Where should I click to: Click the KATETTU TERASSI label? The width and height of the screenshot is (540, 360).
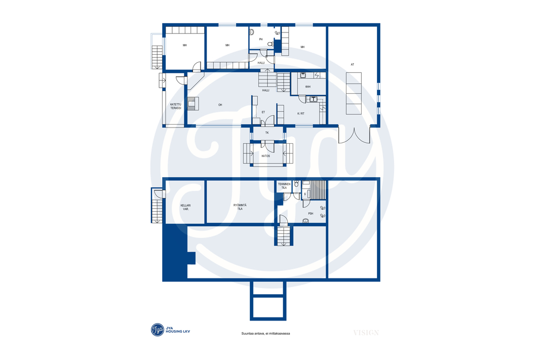coord(176,106)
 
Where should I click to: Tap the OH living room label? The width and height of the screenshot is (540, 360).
coord(220,105)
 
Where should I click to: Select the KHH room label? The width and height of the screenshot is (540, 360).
coord(308,87)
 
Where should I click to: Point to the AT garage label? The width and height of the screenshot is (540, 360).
coord(352,64)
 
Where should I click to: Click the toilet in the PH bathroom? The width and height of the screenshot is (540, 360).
coord(271,44)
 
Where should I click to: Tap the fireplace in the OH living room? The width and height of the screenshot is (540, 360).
coord(193,103)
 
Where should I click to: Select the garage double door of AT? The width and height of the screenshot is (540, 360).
coord(354,135)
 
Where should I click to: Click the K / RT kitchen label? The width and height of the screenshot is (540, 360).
coord(301,113)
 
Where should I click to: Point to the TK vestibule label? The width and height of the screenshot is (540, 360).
coord(267,133)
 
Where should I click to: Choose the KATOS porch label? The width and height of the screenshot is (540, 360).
coord(266,156)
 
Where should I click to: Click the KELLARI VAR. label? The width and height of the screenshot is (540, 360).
coord(185,207)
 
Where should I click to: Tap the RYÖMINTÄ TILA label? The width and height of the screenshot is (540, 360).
coord(240,207)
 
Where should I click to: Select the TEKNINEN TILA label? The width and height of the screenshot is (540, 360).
coord(284,186)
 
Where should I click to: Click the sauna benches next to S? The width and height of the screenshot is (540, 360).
coord(318,190)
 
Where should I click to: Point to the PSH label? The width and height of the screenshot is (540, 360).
coord(311,213)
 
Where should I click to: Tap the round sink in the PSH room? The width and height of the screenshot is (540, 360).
coord(305,221)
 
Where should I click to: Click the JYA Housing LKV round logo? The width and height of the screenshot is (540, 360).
coord(158,330)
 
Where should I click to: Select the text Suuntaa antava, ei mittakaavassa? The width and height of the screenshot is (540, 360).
coord(265,333)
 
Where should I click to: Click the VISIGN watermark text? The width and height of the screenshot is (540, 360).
coord(366,333)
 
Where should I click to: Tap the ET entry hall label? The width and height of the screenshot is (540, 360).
coord(263,112)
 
